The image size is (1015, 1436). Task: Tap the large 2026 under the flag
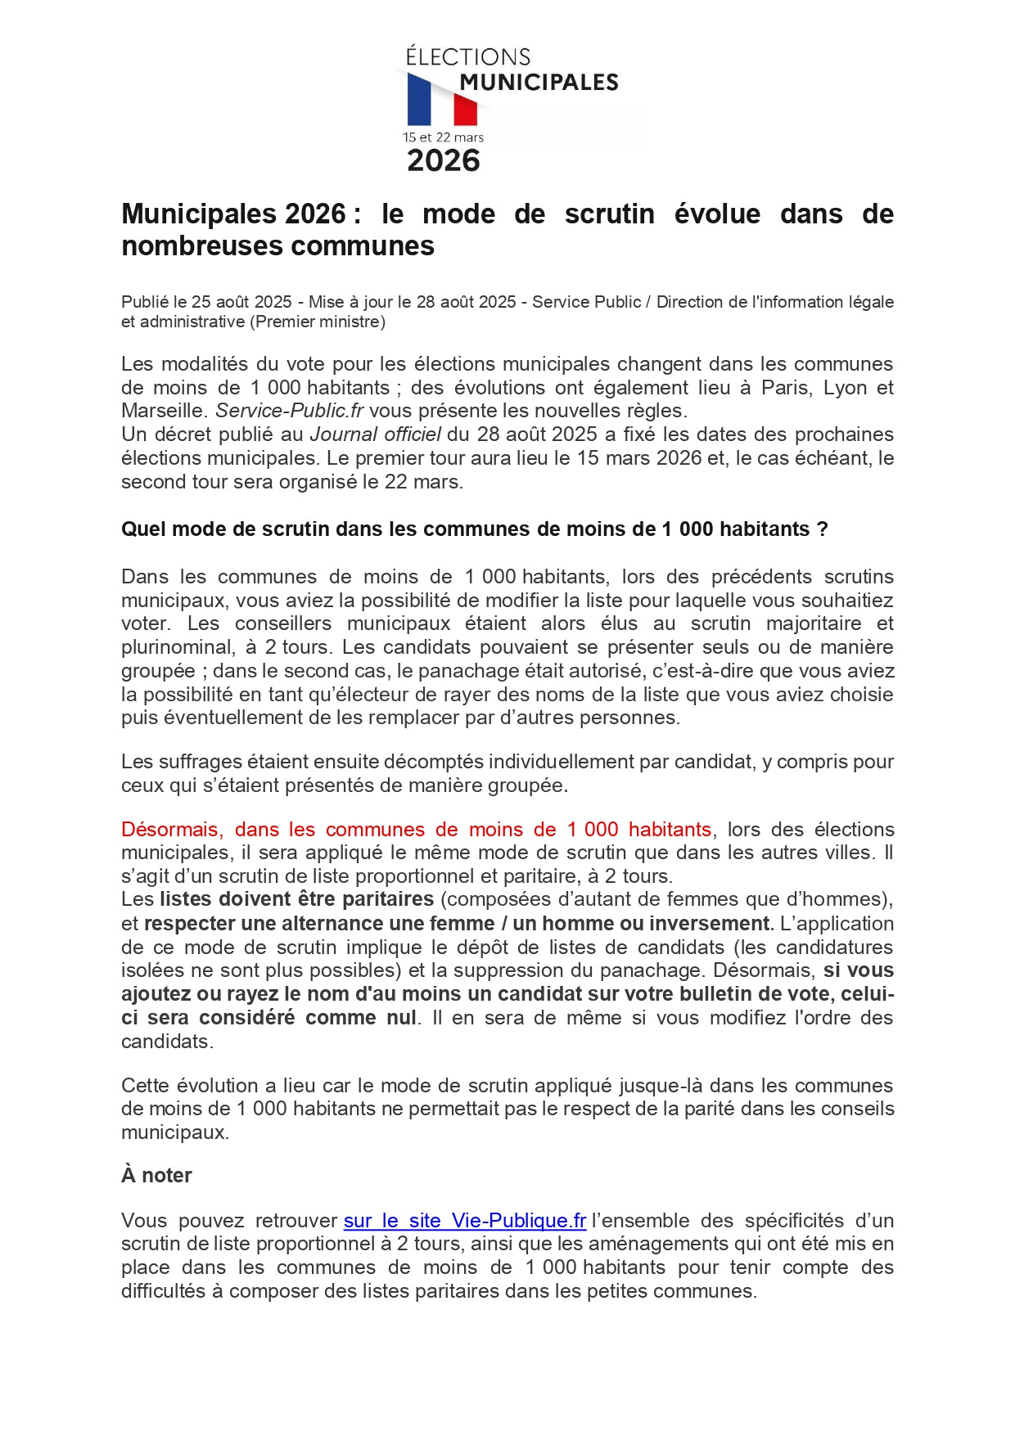pyautogui.click(x=443, y=160)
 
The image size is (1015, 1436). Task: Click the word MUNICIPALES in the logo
pyautogui.click(x=539, y=82)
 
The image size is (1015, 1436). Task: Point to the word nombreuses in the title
pyautogui.click(x=201, y=246)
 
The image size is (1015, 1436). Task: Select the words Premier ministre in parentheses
pyautogui.click(x=318, y=322)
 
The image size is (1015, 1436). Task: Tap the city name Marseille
pyautogui.click(x=164, y=411)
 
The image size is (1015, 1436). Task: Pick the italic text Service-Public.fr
pyautogui.click(x=289, y=411)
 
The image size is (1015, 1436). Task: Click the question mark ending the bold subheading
pyautogui.click(x=822, y=529)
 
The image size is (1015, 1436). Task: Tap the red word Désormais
pyautogui.click(x=171, y=830)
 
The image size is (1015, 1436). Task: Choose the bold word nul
pyautogui.click(x=402, y=1018)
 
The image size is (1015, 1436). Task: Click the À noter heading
pyautogui.click(x=156, y=1176)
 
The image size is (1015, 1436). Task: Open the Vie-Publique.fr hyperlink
pyautogui.click(x=464, y=1221)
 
